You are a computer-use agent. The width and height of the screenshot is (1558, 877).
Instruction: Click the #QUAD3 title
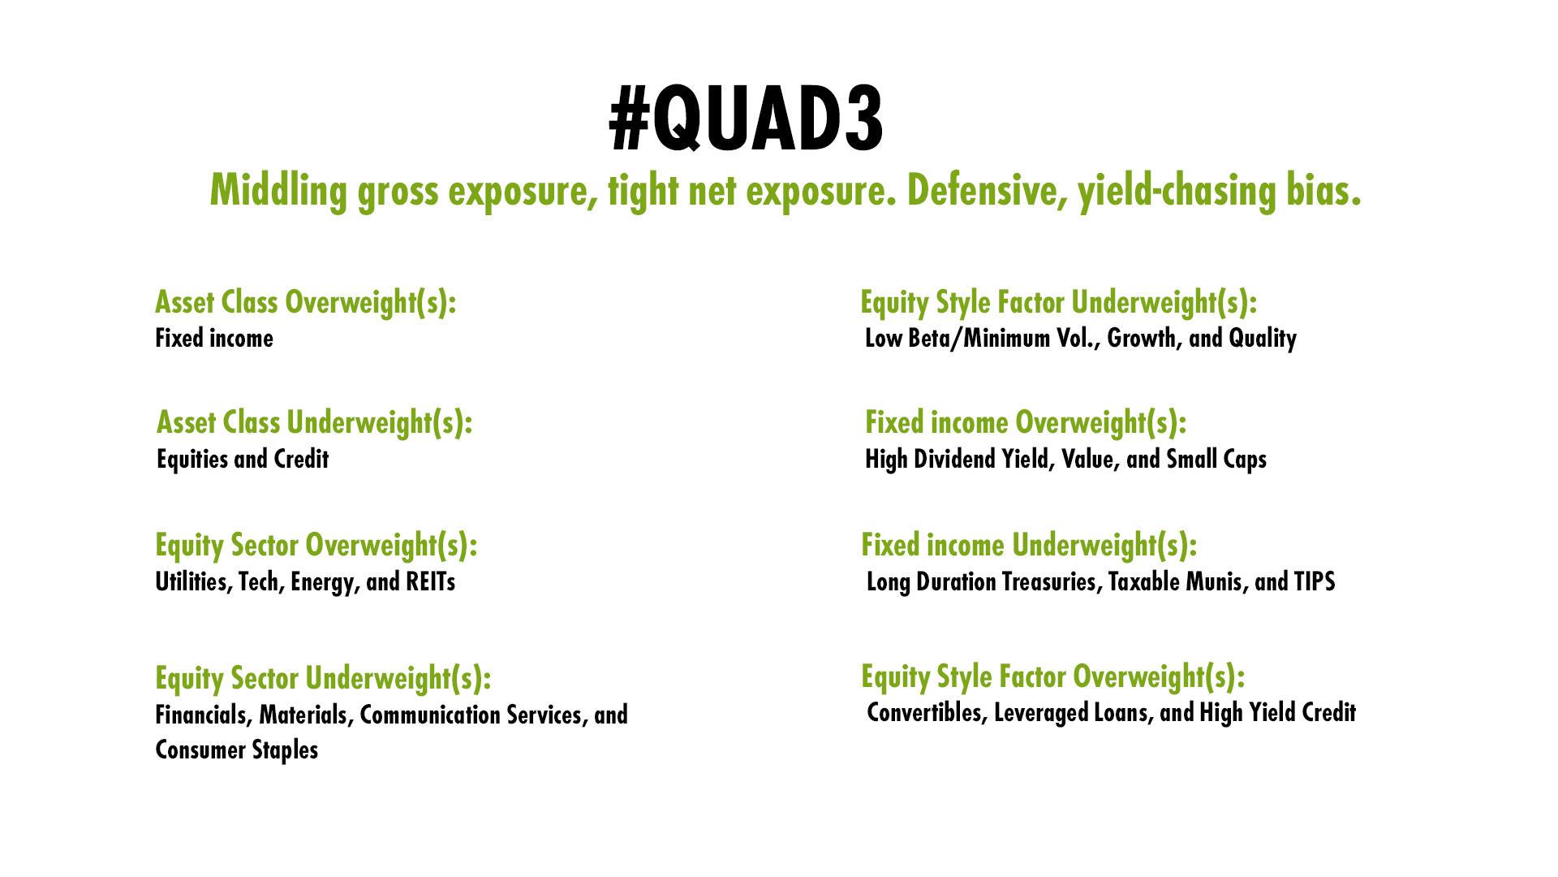pos(747,120)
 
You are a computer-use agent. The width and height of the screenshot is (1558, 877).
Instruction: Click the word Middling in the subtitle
pos(278,192)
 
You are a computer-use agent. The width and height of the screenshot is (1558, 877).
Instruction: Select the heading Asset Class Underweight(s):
pos(315,423)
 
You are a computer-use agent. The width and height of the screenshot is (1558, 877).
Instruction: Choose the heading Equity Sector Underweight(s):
pos(323,679)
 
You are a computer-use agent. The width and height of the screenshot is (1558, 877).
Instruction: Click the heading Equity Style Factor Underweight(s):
pos(1059,303)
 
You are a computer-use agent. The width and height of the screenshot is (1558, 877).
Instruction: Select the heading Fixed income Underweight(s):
pos(1029,546)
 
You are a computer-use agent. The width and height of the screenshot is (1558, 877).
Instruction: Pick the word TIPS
pos(1315,582)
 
